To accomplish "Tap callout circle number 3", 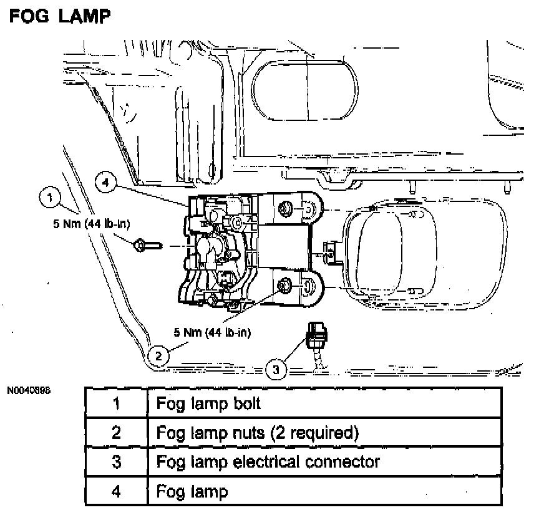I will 277,370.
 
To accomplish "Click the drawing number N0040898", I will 29,391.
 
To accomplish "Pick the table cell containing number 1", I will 115,403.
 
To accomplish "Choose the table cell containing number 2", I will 115,433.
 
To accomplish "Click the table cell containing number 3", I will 115,462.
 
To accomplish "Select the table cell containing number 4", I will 115,491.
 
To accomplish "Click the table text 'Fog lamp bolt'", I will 209,403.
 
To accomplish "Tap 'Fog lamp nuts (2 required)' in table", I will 257,433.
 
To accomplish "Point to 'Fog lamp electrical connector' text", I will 268,462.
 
